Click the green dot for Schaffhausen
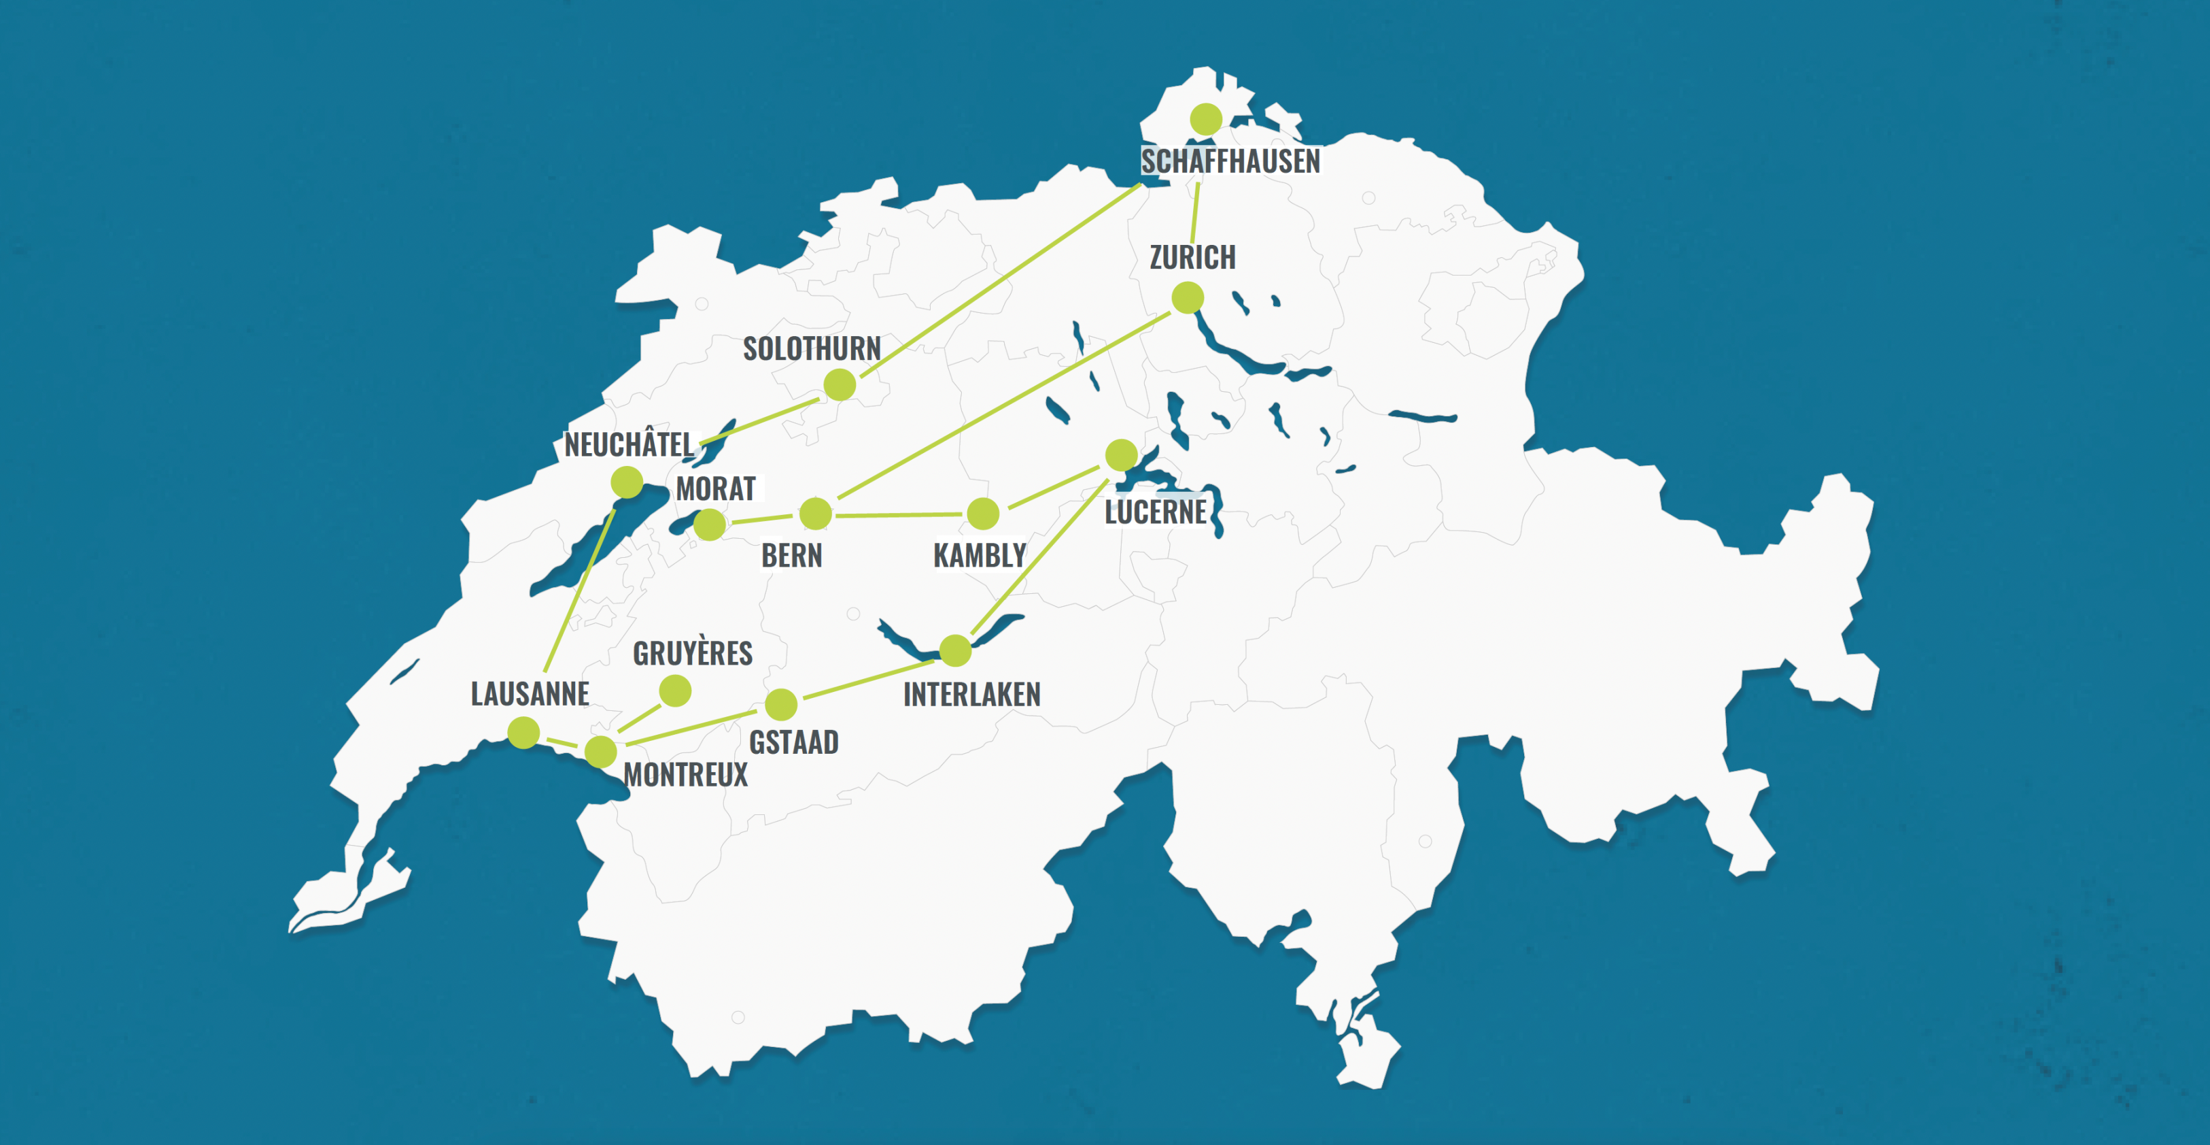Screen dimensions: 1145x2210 pos(1205,119)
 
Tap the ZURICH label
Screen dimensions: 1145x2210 pos(1192,257)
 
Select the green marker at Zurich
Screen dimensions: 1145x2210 pos(1188,298)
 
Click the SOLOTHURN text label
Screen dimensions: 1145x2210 pos(812,349)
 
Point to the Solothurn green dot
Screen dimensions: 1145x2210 pos(840,384)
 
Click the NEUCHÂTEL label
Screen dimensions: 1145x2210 pos(629,445)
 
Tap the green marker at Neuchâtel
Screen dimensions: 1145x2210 pos(627,482)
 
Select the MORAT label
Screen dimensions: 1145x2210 pos(716,489)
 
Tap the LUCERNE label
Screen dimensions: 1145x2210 pos(1155,512)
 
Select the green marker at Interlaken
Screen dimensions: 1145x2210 pos(955,650)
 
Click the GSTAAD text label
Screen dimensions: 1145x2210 pos(793,742)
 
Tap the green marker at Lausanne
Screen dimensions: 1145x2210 pos(523,733)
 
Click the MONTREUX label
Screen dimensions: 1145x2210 pos(685,775)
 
